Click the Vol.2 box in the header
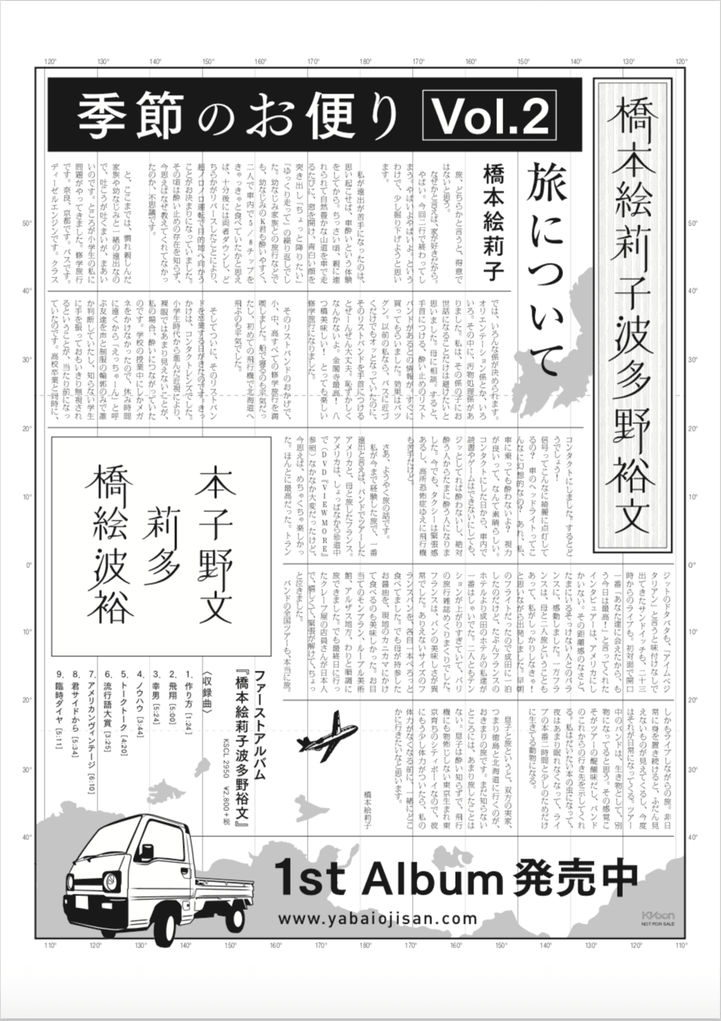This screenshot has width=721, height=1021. coord(489,117)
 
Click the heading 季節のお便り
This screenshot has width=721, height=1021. coord(239,117)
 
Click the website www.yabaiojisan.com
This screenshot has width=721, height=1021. coord(377,918)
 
